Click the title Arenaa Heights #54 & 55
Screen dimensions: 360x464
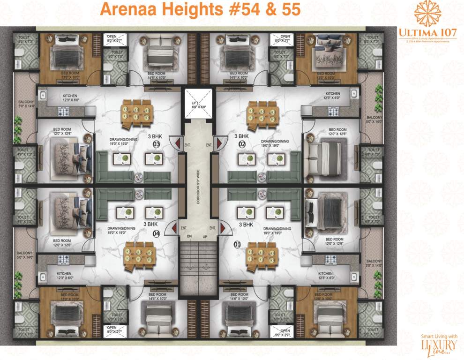coord(201,9)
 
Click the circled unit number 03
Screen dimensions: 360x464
coord(157,145)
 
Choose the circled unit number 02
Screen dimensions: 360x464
coord(242,145)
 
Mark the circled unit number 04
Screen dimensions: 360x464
coord(157,233)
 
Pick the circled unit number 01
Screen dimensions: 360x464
coord(237,244)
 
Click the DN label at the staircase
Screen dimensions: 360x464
coord(189,237)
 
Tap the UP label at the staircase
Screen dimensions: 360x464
coord(205,237)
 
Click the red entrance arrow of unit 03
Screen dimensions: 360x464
coord(174,142)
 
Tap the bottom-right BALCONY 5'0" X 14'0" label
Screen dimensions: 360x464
coord(374,263)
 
